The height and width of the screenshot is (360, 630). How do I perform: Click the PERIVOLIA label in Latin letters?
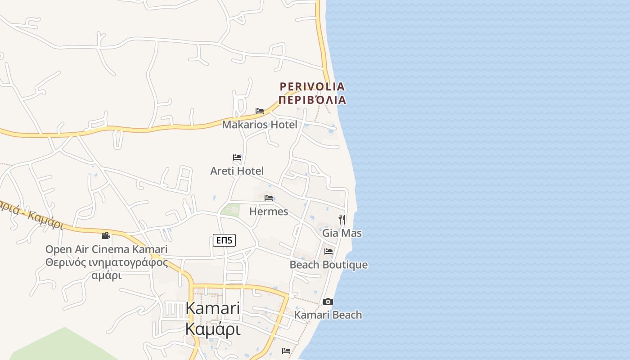point(312,86)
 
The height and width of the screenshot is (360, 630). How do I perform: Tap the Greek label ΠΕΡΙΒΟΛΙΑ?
point(312,100)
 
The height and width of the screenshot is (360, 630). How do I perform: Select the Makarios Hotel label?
point(260,125)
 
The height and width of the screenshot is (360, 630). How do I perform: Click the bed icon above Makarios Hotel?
point(260,111)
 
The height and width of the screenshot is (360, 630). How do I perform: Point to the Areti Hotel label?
point(237,171)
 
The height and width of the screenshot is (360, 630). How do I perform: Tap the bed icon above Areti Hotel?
point(237,157)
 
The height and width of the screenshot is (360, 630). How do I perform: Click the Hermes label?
point(269,211)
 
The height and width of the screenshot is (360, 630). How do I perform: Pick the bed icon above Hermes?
point(269,198)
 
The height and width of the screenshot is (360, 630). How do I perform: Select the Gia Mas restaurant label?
point(342,233)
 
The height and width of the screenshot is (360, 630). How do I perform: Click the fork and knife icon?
point(342,220)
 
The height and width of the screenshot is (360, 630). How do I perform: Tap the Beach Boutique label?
point(328,265)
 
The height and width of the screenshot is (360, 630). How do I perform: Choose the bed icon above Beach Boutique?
point(328,252)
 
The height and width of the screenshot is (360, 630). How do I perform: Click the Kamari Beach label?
point(328,315)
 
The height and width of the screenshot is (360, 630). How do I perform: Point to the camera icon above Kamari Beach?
point(328,301)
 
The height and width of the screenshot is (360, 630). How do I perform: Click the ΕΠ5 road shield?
point(224,240)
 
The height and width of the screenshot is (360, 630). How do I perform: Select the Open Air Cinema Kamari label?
point(106,249)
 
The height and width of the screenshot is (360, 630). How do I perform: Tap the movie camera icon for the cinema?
point(106,235)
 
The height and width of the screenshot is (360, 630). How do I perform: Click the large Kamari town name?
point(212,308)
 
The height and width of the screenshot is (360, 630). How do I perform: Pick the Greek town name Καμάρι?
point(212,330)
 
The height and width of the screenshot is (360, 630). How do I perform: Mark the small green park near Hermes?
point(231,210)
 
